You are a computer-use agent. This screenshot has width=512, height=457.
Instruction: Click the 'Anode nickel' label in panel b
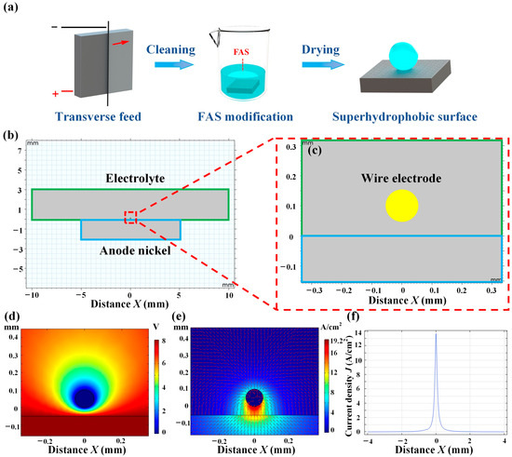(130, 249)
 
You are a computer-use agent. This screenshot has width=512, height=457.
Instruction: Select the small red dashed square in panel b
(130, 218)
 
